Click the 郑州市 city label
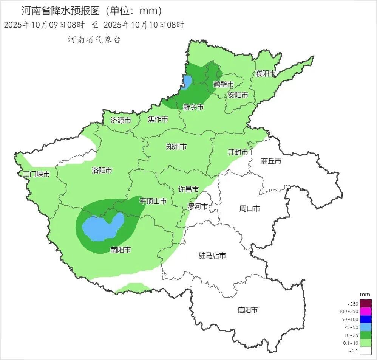pos(176,147)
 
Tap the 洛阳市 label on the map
pos(102,171)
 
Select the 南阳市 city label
pos(121,250)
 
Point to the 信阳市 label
pos(247,310)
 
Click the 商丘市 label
pos(271,161)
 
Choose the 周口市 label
pos(250,208)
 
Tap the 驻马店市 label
pos(212,256)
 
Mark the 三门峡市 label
pos(36,174)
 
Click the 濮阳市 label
pos(266,73)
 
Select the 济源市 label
pos(121,121)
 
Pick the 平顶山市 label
pos(153,201)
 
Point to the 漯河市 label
pos(198,207)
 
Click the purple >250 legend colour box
pos(366,304)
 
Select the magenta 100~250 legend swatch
pos(366,312)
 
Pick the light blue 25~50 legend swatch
pos(366,327)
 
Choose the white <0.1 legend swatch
pos(366,351)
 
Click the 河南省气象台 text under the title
pos(94,40)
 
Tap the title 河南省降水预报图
pos(60,11)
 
